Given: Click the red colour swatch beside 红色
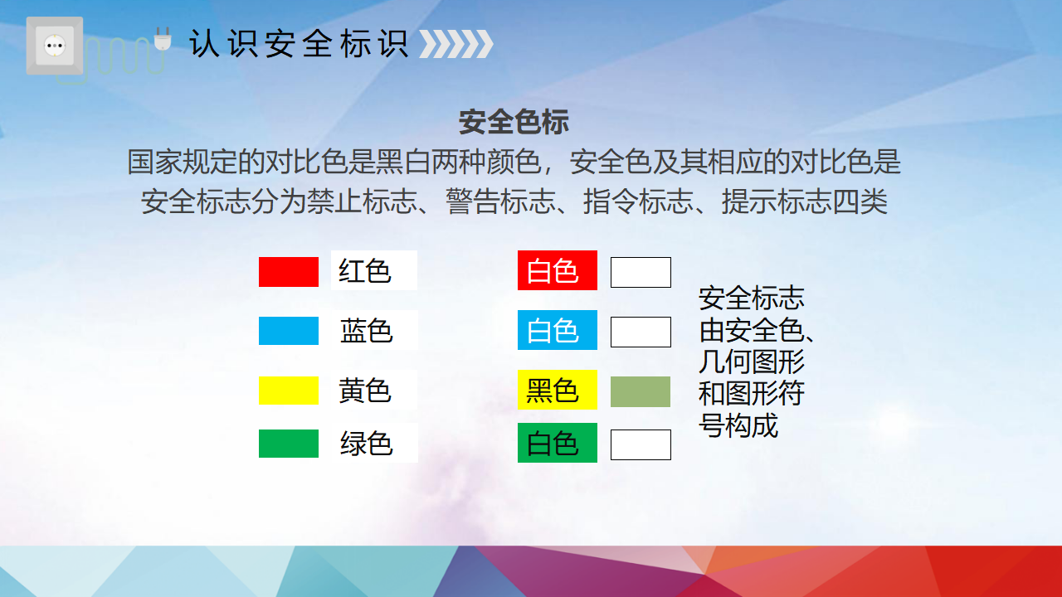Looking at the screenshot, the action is [x=288, y=272].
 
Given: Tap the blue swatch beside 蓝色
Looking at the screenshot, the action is [x=288, y=331].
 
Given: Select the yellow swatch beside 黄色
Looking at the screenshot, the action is [x=288, y=391].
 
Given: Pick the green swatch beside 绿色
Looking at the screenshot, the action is [x=288, y=444].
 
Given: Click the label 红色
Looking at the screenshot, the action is [x=364, y=271].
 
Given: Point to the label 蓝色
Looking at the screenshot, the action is [x=366, y=331].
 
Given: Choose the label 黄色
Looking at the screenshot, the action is [x=364, y=391].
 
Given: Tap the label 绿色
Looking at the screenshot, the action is [x=366, y=444].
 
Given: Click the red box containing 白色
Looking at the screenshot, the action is [x=557, y=270].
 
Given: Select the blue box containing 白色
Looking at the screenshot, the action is [x=557, y=330].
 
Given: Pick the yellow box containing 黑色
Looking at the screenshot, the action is [x=557, y=390].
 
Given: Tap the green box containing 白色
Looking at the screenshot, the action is [x=557, y=443].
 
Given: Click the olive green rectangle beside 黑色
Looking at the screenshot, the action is [x=640, y=392].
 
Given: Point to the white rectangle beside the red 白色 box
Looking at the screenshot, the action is [x=641, y=273].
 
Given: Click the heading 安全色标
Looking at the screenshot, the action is [x=514, y=122].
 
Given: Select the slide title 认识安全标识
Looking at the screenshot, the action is [x=299, y=44].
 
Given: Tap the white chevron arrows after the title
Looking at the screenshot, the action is [x=456, y=44].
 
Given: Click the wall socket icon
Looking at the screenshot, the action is [x=55, y=46].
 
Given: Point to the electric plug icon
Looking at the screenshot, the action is [x=163, y=38].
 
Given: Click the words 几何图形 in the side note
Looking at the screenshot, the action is [x=752, y=362].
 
